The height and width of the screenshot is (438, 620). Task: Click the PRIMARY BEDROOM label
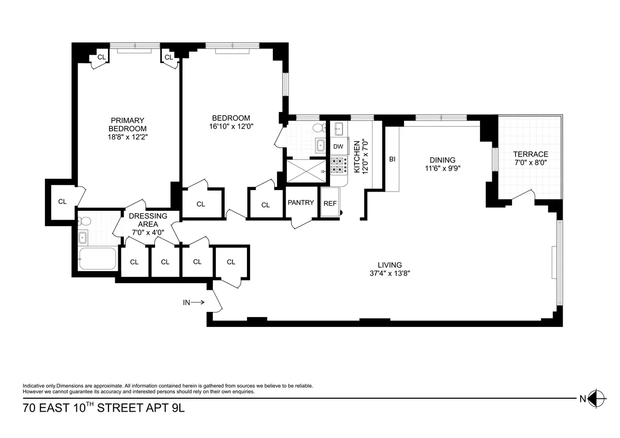pos(127,124)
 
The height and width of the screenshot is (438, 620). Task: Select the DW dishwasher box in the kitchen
pos(338,147)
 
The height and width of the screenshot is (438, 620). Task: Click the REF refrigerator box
pos(330,204)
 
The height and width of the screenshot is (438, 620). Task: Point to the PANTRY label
pos(301,202)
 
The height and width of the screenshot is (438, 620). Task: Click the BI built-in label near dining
pos(392,160)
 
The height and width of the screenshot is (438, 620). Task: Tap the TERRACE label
pos(530,154)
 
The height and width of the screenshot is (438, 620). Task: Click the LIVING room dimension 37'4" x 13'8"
pos(389,273)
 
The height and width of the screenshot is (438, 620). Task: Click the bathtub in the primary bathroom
pos(97,258)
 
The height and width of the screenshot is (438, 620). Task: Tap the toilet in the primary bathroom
pos(85,222)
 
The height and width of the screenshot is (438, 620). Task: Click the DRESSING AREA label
pos(148,220)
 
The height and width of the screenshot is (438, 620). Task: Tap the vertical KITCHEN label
pos(360,155)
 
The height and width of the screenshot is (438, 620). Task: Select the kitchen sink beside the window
pos(339,128)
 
